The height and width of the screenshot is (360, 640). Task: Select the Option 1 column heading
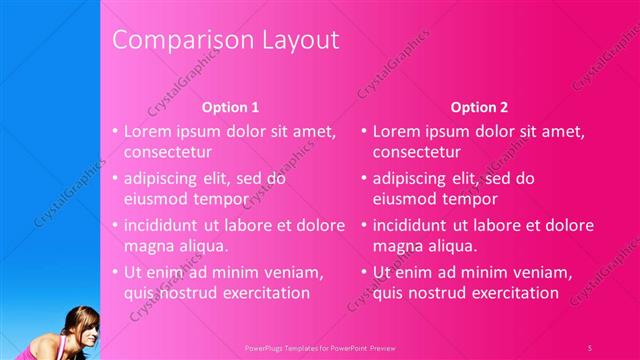point(231,106)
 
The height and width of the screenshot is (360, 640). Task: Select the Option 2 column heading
point(479,106)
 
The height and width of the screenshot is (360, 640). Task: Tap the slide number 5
point(589,346)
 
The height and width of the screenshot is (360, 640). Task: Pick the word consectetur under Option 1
point(168,153)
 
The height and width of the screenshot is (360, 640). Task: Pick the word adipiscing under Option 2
point(411,179)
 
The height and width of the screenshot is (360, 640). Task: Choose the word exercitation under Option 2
point(508,293)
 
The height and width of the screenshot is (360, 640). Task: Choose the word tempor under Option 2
point(470,199)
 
